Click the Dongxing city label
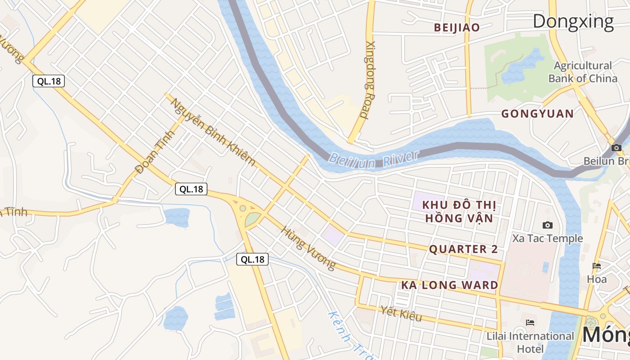(x=573, y=21)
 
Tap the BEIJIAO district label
(x=457, y=27)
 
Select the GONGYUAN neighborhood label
(x=537, y=113)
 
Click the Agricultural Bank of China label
(x=582, y=72)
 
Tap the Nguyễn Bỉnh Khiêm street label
(x=212, y=131)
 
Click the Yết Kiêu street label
(x=400, y=314)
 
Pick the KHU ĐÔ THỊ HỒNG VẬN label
(x=459, y=211)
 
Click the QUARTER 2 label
(x=463, y=249)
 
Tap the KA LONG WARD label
(x=450, y=285)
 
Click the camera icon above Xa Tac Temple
(x=547, y=225)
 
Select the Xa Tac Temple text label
(x=547, y=238)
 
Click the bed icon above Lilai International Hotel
(x=530, y=322)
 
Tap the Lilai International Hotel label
(x=530, y=342)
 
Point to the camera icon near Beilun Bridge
(x=616, y=148)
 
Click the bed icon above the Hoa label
(x=597, y=266)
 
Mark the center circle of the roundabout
(x=243, y=208)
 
